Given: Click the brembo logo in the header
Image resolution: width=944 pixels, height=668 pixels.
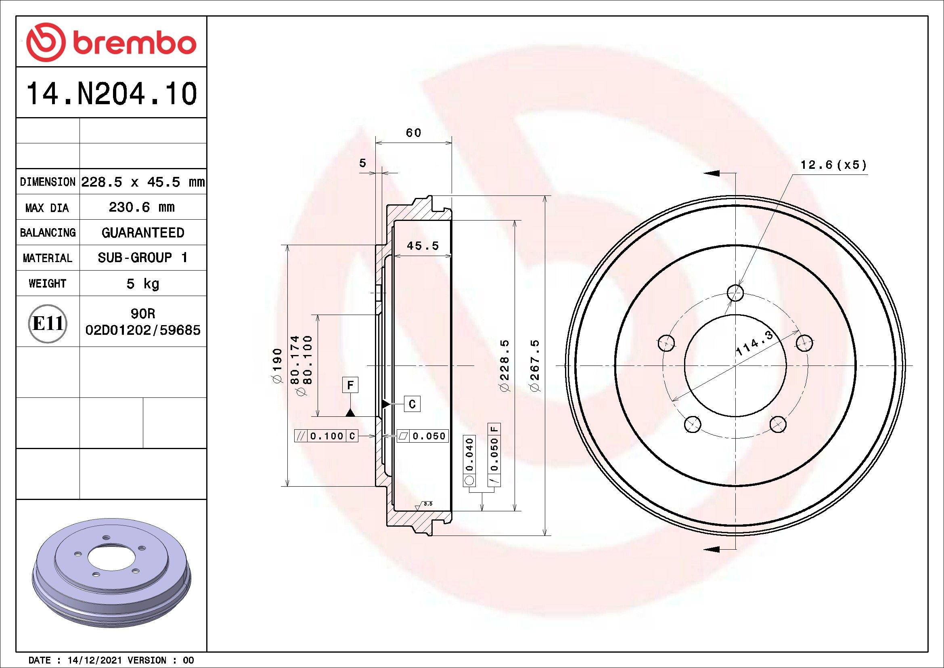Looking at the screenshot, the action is [x=111, y=43].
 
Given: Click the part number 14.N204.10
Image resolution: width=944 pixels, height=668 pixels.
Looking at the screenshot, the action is [x=111, y=94].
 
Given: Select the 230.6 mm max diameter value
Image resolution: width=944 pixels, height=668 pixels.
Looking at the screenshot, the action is [x=142, y=207].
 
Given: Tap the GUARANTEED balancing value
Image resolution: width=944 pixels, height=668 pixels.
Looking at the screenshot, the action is [x=142, y=232].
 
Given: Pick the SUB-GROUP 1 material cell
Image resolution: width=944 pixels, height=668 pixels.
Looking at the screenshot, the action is [x=142, y=258].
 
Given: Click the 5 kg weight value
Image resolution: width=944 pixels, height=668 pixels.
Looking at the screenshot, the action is [x=142, y=284].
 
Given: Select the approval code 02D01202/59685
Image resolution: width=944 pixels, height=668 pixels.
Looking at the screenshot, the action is [x=142, y=330].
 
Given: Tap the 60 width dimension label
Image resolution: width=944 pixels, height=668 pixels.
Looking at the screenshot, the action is [x=414, y=133].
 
